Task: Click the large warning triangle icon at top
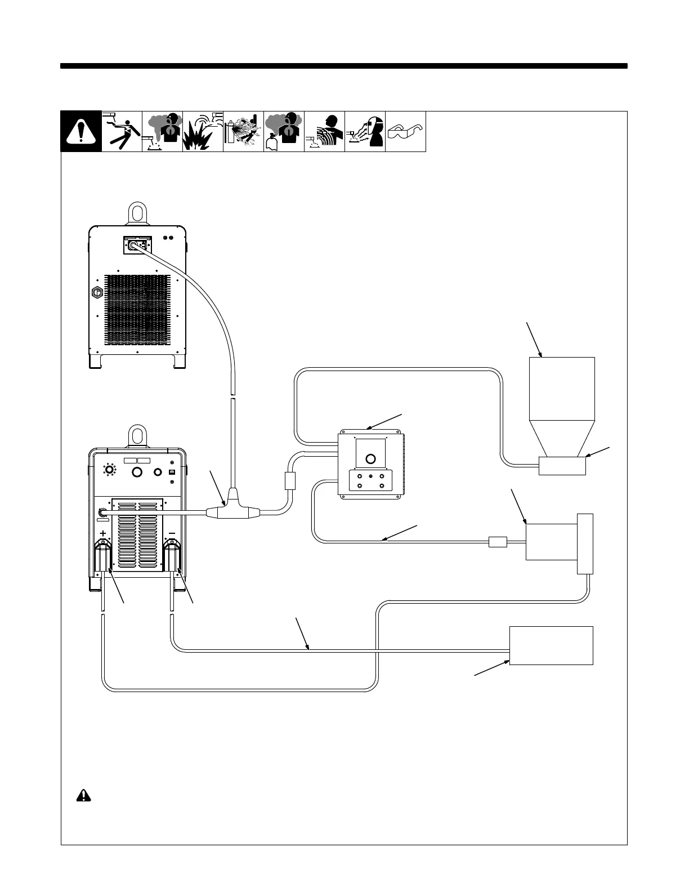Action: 81,132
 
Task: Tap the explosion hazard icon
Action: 203,132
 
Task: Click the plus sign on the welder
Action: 104,533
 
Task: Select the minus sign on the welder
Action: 172,533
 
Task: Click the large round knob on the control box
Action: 370,458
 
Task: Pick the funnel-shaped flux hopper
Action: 562,405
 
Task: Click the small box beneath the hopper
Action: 562,466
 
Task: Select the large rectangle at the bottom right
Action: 551,645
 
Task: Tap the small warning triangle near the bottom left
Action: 83,795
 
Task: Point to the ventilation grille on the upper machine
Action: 138,310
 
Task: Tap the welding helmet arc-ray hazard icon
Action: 365,132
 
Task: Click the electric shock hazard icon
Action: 122,132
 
